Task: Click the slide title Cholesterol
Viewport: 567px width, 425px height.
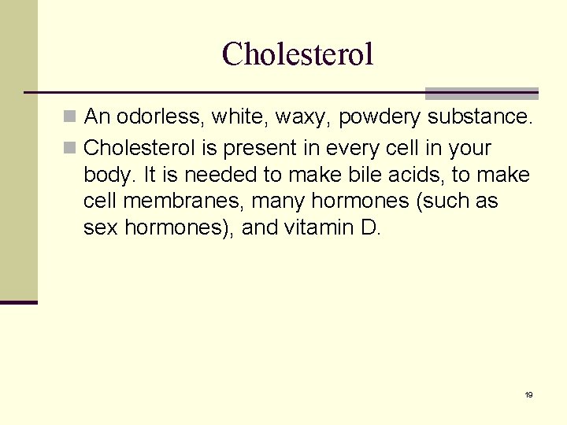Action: coord(298,54)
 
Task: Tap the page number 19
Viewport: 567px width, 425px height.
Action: coord(528,394)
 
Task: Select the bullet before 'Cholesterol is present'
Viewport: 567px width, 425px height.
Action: coord(72,148)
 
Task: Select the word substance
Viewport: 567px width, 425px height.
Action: coord(482,118)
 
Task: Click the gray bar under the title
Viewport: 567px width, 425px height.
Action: coord(482,93)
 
